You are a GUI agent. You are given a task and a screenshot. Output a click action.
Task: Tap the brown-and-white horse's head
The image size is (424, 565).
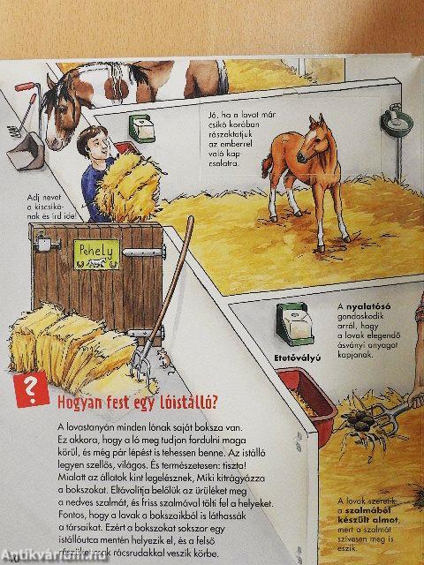tap(66, 102)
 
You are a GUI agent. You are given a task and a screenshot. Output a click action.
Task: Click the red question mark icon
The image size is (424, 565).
tap(32, 388)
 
